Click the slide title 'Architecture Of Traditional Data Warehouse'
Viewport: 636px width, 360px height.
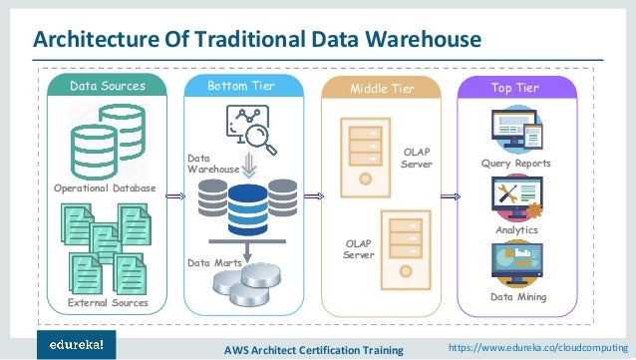coord(258,39)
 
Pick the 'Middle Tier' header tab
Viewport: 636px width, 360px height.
coord(380,89)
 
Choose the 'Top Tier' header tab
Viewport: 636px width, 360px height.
coord(515,88)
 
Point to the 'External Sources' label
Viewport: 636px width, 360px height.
coord(108,302)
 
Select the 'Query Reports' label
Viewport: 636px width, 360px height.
coord(515,163)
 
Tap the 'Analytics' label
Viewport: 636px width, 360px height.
coord(515,229)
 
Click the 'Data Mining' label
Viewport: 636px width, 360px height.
coord(517,297)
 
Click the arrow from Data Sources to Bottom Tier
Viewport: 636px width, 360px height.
coord(175,196)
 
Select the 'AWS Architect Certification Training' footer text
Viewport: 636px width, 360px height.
coord(312,349)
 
